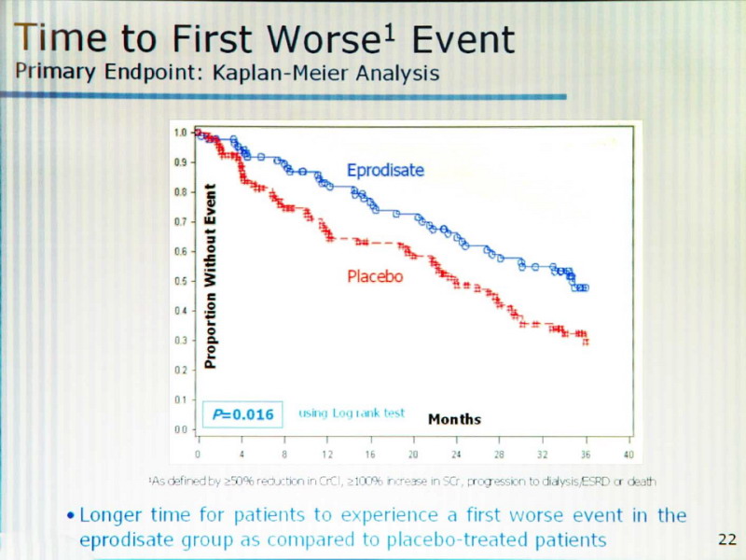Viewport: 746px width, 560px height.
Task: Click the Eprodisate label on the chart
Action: point(385,170)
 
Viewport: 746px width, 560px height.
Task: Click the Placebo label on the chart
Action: point(375,276)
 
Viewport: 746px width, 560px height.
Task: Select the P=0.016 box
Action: point(242,413)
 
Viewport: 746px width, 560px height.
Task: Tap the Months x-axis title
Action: point(454,419)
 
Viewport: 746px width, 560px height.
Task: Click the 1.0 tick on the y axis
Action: point(181,133)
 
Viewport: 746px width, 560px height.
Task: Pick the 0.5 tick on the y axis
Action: point(181,281)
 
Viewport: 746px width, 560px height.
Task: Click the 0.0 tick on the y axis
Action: point(181,429)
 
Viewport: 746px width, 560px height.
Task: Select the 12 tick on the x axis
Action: point(327,454)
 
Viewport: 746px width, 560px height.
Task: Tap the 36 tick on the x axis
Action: point(585,454)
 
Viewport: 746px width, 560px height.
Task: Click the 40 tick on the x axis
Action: point(628,454)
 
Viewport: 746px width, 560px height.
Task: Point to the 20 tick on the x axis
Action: point(413,454)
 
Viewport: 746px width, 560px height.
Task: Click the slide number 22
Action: point(726,539)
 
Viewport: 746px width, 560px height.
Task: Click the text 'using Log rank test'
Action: point(352,413)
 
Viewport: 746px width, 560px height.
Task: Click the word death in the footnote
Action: point(641,482)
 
